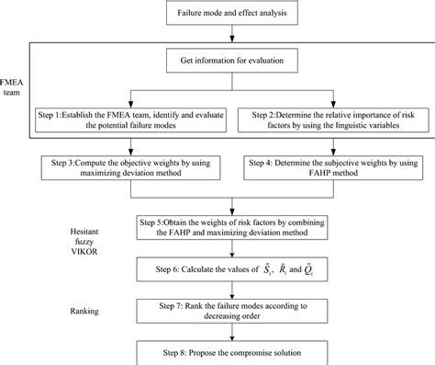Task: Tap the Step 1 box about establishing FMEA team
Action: (133, 121)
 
